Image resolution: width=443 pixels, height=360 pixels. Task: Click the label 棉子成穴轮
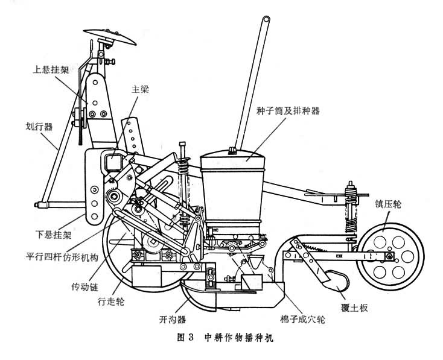click(296, 318)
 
